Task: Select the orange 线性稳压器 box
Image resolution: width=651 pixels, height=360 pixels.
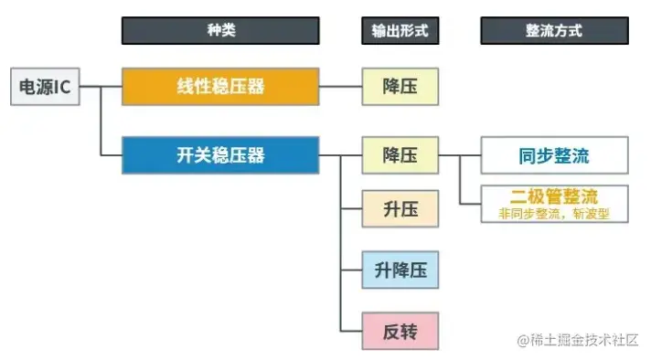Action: (x=220, y=86)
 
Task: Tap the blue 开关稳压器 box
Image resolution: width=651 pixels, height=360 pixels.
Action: (x=220, y=155)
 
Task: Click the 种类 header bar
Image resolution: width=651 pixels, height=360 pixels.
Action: (x=220, y=30)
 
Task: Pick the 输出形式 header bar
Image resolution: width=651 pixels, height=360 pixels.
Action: (x=400, y=30)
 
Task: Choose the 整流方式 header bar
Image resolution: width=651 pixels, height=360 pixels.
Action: (x=554, y=30)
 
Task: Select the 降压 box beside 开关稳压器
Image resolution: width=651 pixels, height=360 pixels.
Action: (x=400, y=155)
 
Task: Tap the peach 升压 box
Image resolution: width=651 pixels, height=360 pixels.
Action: (x=400, y=209)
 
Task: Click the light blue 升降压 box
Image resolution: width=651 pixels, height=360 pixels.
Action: (x=400, y=270)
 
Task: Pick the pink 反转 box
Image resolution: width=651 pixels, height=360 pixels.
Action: (x=400, y=330)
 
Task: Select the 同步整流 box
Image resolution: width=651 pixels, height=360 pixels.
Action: (x=554, y=155)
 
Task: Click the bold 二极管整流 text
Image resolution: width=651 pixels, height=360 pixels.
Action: (x=554, y=197)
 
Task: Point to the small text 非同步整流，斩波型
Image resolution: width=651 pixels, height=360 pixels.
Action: (x=554, y=214)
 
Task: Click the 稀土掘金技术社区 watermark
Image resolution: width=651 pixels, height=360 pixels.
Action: (x=582, y=341)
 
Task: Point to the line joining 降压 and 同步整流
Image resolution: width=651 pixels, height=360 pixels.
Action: (x=459, y=155)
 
